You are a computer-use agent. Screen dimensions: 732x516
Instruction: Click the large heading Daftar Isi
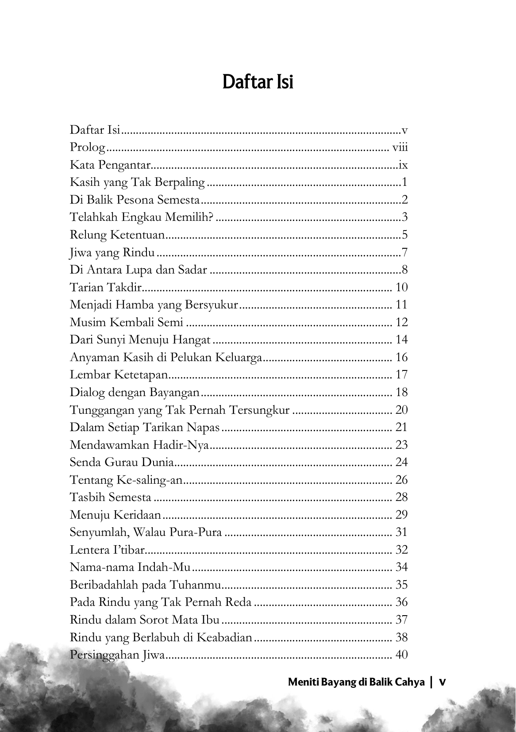pos(258,82)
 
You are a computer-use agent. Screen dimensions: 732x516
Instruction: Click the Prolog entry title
pos(88,147)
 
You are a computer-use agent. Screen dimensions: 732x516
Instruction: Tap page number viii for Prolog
pos(400,147)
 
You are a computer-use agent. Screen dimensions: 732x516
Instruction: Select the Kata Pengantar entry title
pos(110,165)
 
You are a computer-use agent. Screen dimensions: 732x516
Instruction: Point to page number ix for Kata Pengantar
pos(403,165)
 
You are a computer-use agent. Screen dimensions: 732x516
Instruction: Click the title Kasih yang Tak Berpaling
pos(137,182)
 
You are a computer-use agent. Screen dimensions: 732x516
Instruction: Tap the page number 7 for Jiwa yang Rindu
pos(404,253)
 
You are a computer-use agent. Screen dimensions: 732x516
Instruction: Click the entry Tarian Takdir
pos(105,288)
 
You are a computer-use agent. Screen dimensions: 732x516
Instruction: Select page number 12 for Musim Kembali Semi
pos(401,323)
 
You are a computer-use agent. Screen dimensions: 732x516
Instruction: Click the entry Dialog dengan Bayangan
pos(135,393)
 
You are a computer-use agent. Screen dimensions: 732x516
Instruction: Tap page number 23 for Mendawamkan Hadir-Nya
pos(401,445)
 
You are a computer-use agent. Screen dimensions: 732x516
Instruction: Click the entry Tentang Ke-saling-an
pos(126,480)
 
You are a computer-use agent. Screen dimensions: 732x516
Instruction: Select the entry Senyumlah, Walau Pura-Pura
pos(146,532)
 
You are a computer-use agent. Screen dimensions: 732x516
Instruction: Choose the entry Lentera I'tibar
pos(108,550)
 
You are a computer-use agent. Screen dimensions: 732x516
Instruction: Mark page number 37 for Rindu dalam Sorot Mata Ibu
pos(401,620)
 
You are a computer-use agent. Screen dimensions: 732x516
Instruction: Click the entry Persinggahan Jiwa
pos(117,655)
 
